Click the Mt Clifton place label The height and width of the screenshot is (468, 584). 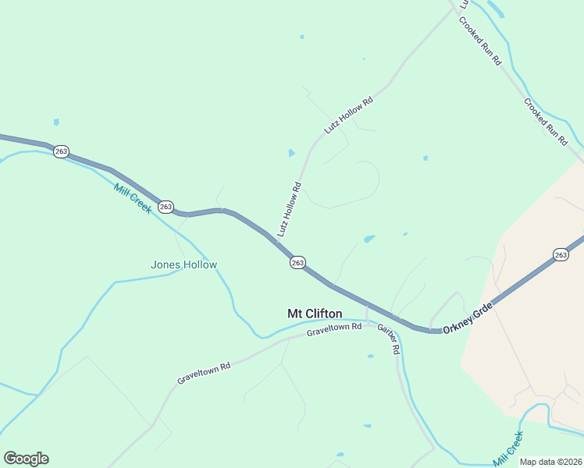pyautogui.click(x=315, y=314)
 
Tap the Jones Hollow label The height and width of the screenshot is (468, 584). pyautogui.click(x=183, y=265)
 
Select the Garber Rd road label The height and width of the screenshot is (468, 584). pyautogui.click(x=389, y=339)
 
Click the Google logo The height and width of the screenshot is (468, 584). pyautogui.click(x=26, y=459)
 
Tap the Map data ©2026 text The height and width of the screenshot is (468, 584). pyautogui.click(x=550, y=462)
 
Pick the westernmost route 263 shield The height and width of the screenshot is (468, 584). pyautogui.click(x=62, y=151)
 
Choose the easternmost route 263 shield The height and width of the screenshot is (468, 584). pyautogui.click(x=561, y=255)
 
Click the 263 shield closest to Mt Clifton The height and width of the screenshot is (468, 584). pyautogui.click(x=297, y=263)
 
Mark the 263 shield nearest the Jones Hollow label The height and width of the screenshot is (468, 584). pyautogui.click(x=166, y=207)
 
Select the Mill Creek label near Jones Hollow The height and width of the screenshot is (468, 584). pyautogui.click(x=133, y=198)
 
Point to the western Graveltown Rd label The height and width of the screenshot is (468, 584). pyautogui.click(x=204, y=372)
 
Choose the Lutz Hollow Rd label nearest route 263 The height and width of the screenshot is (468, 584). pyautogui.click(x=289, y=209)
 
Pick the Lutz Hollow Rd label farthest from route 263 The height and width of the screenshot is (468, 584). pyautogui.click(x=349, y=115)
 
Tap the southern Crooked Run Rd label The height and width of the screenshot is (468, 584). pyautogui.click(x=546, y=122)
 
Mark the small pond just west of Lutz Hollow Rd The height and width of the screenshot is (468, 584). pyautogui.click(x=292, y=153)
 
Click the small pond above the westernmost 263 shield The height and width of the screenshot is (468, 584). pyautogui.click(x=56, y=122)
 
